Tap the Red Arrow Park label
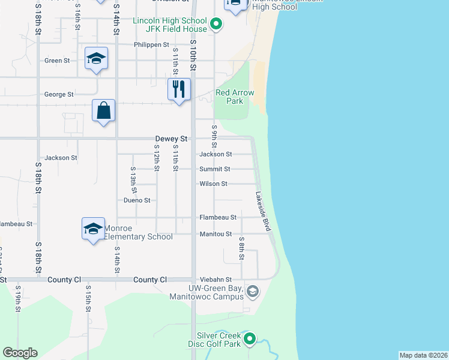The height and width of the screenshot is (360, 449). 235,97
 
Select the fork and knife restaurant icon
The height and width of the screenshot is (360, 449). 179,89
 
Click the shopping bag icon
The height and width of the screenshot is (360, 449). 104,110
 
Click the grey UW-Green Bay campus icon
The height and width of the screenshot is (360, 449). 253,292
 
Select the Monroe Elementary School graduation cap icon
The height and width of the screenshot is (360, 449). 94,229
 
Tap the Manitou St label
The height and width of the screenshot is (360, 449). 215,233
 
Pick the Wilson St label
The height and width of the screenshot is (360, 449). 214,184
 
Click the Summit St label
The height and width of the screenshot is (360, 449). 215,169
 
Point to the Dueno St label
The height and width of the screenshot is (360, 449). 137,200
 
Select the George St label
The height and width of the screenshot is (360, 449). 59,94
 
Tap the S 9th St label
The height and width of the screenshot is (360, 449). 214,137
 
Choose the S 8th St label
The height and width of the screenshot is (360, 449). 241,248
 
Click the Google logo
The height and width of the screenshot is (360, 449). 20,353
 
